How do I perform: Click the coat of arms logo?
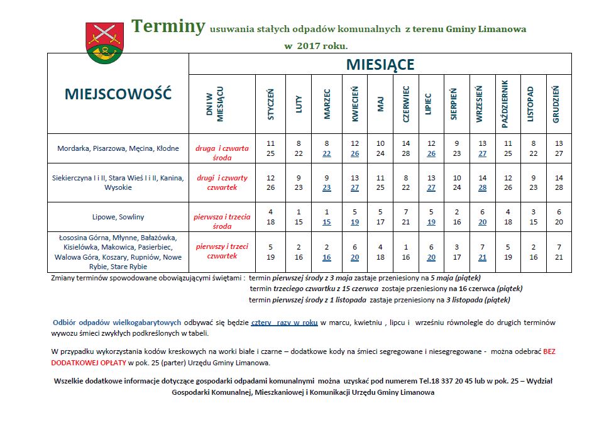pyautogui.click(x=106, y=43)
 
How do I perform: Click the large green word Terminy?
pyautogui.click(x=168, y=26)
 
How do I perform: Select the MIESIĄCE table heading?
pyautogui.click(x=380, y=64)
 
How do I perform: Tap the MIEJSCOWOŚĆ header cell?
pyautogui.click(x=118, y=94)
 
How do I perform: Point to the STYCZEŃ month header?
pyautogui.click(x=271, y=104)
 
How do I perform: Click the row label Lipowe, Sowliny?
pyautogui.click(x=118, y=217)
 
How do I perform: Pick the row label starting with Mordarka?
pyautogui.click(x=118, y=149)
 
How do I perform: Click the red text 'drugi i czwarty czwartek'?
pyautogui.click(x=222, y=182)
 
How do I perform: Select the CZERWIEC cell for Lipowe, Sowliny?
pyautogui.click(x=406, y=217)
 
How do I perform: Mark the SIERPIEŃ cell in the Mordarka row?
pyautogui.click(x=457, y=148)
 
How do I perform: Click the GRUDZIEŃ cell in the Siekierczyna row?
pyautogui.click(x=559, y=182)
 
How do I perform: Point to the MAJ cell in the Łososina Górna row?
pyautogui.click(x=380, y=252)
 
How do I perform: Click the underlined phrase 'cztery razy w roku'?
pyautogui.click(x=284, y=323)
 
